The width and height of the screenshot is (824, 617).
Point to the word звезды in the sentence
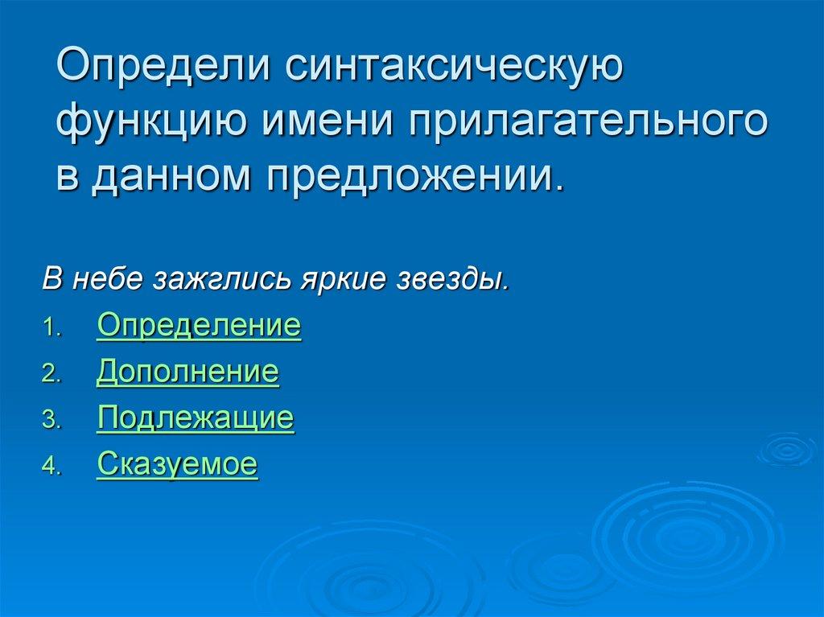452,281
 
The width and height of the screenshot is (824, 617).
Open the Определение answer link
199,327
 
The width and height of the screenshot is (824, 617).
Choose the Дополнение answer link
187,372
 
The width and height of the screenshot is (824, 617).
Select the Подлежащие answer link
195,418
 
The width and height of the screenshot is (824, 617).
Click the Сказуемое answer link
177,464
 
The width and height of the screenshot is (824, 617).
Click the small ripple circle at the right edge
787,449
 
